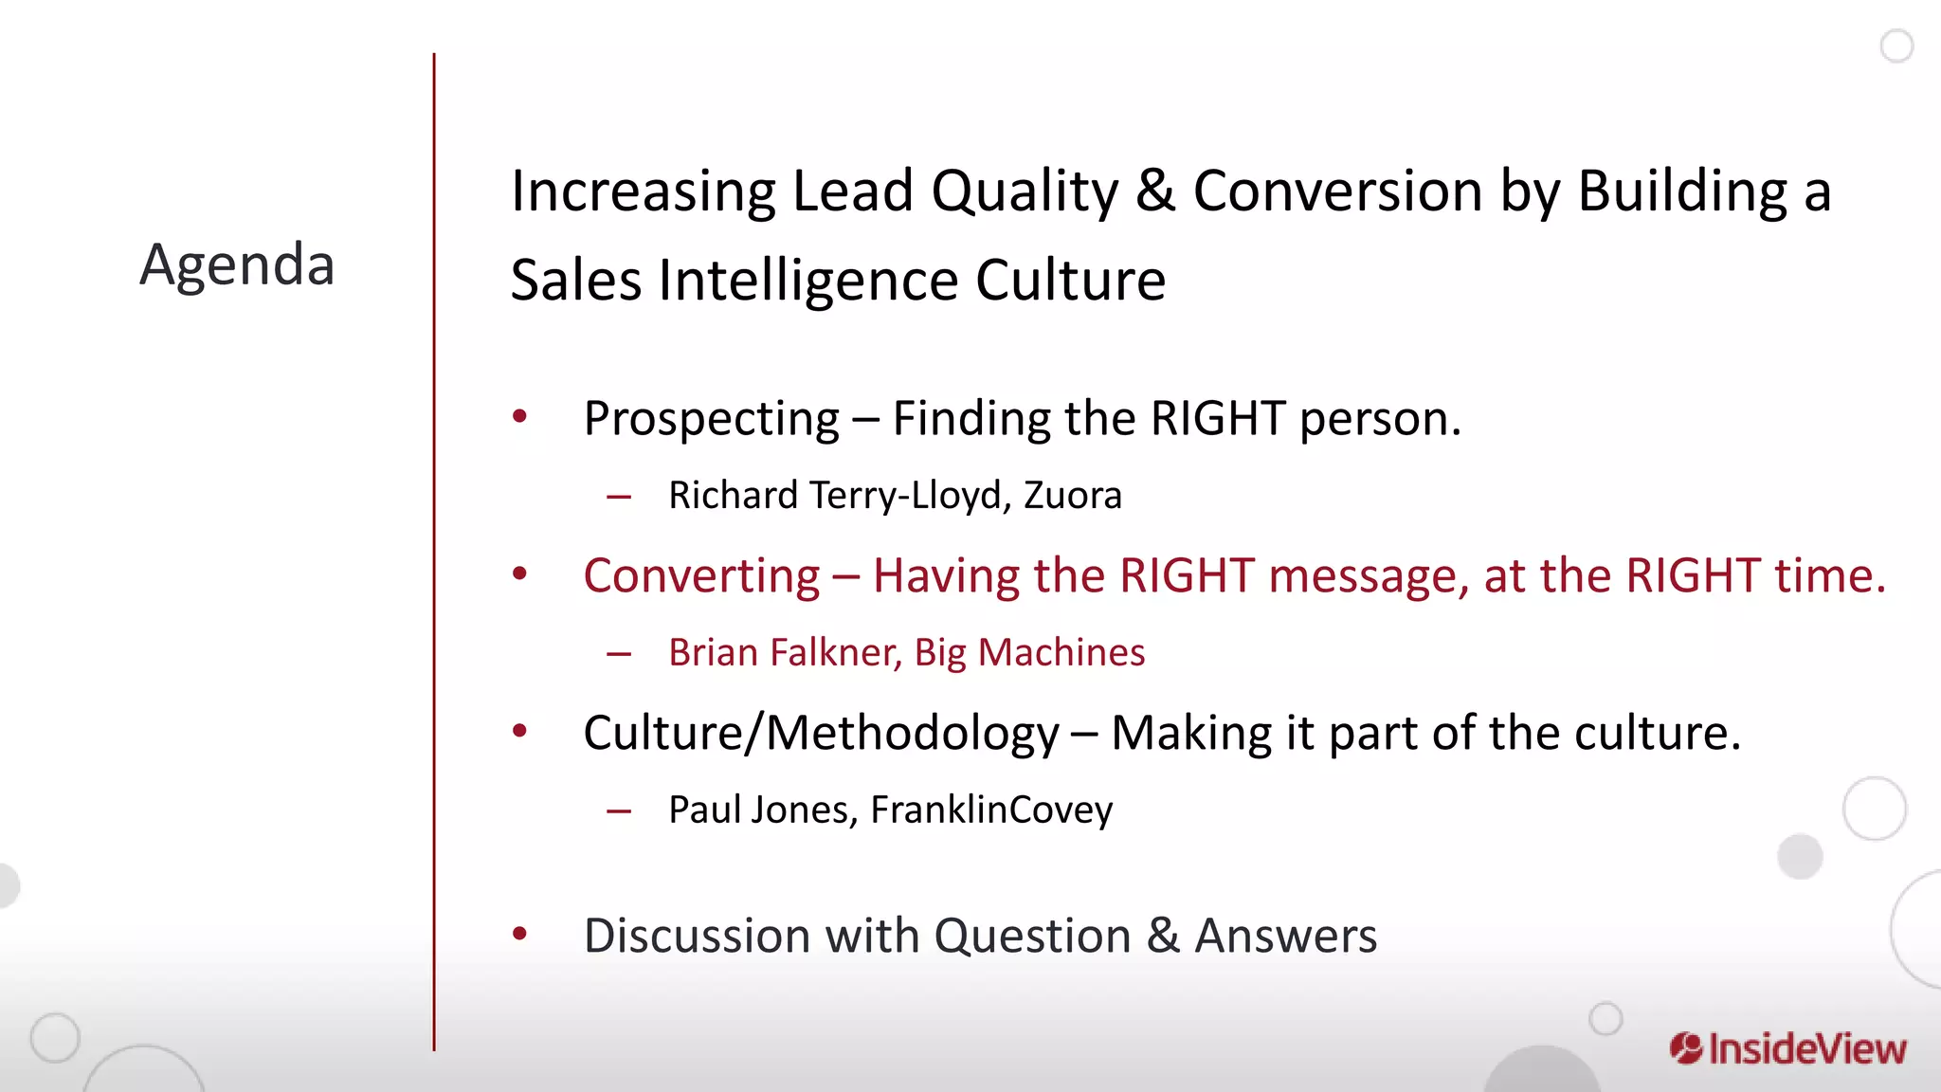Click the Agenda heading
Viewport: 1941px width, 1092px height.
237,264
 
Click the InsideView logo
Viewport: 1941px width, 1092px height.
1787,1049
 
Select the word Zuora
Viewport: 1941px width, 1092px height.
1072,496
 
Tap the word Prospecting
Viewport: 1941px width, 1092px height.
711,419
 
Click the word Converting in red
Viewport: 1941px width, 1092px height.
701,576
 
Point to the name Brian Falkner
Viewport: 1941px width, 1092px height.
785,653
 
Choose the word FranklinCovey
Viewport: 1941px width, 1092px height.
991,810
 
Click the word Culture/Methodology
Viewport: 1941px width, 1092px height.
821,734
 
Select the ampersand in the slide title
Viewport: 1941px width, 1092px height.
1155,191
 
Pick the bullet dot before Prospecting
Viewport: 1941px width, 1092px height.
519,416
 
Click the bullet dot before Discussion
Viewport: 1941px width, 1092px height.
519,935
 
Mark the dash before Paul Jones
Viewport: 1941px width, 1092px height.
619,811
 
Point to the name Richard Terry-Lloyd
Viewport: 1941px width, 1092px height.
834,496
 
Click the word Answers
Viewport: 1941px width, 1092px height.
1285,937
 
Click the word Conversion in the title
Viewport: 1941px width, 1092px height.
1337,191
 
